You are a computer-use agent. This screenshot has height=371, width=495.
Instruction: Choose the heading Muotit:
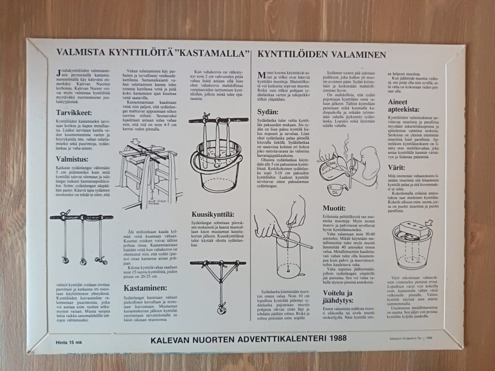(x=335, y=208)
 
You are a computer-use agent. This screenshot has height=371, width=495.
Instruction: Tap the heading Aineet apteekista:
(x=407, y=106)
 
